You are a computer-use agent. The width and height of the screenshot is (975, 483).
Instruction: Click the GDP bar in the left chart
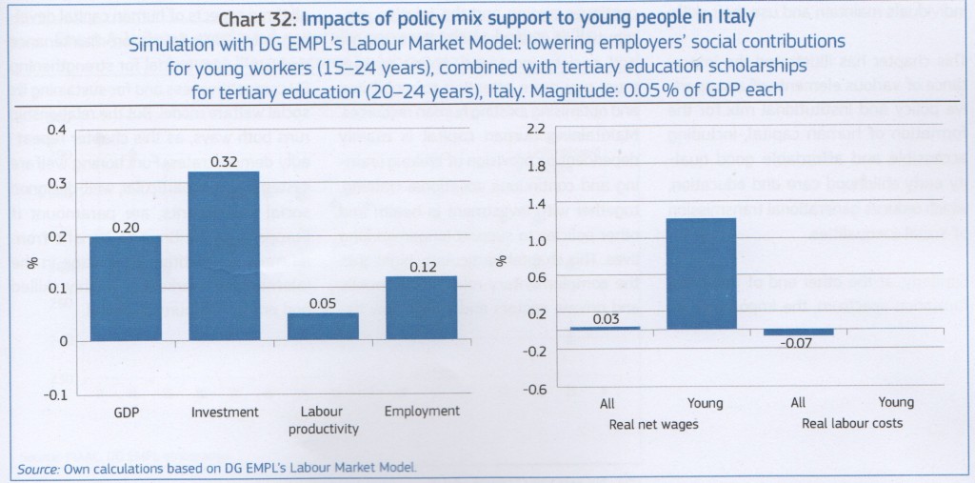click(125, 288)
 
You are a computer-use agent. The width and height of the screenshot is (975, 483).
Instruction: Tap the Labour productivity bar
click(323, 326)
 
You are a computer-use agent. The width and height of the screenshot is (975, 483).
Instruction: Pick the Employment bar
click(421, 308)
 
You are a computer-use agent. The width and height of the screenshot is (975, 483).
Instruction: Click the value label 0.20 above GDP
click(125, 228)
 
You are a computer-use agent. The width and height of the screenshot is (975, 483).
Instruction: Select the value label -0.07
click(798, 343)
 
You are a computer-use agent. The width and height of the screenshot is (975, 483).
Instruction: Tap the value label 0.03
click(607, 318)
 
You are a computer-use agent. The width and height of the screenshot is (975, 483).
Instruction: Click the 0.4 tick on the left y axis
click(58, 129)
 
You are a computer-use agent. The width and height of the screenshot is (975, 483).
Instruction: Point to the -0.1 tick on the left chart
click(56, 394)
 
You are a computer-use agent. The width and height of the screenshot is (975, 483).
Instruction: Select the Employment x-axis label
click(421, 412)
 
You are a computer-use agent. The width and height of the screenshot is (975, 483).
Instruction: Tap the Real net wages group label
click(654, 422)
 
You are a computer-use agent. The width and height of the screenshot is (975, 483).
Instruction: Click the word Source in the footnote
click(38, 468)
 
